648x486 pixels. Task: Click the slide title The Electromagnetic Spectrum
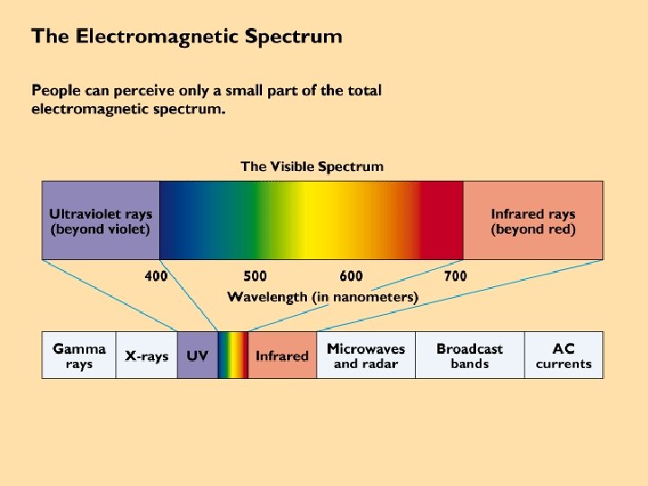pos(186,38)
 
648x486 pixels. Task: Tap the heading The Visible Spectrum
pos(311,166)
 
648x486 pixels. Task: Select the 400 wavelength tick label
pos(157,275)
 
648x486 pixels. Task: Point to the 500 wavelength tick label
pos(255,275)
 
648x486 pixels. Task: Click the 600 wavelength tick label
pos(351,275)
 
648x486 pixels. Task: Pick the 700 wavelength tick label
pos(455,275)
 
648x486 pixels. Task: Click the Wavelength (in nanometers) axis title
pos(322,296)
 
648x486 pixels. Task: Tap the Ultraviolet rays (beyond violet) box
pos(101,221)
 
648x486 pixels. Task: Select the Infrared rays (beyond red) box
pos(533,221)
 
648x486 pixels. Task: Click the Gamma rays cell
pos(79,355)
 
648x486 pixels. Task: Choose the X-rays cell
pos(147,356)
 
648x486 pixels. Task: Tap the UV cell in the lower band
pos(197,356)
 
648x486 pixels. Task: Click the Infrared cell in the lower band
pos(282,356)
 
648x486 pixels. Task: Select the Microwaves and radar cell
pos(365,355)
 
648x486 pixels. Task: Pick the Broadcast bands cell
pos(470,355)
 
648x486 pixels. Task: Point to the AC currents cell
pos(563,355)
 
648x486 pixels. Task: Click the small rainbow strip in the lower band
pos(232,355)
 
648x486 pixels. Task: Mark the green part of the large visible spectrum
pos(270,221)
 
